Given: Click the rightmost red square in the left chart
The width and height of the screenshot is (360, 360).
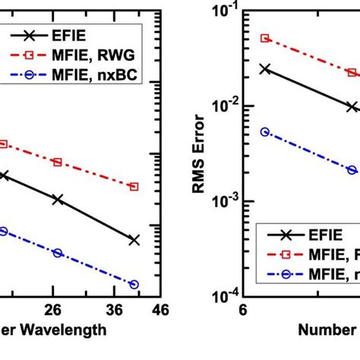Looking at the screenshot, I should tap(134, 186).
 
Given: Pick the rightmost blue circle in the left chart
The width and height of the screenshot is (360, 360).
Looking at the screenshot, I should tap(134, 284).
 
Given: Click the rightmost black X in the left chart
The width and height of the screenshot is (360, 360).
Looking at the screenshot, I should tap(134, 240).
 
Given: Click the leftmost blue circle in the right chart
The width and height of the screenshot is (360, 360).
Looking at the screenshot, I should tap(264, 131).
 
